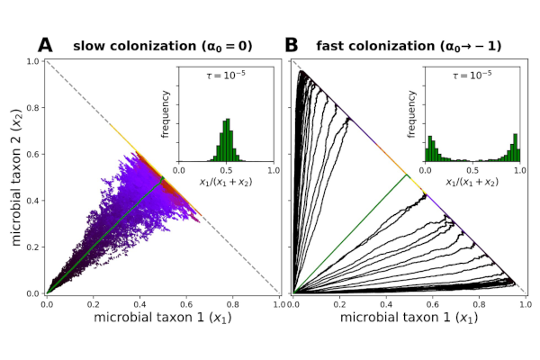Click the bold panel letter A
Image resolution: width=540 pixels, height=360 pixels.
click(45, 45)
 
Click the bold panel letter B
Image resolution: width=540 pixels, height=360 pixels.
click(292, 45)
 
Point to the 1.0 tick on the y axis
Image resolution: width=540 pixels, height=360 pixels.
click(32, 61)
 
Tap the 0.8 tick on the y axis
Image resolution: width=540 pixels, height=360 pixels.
click(32, 108)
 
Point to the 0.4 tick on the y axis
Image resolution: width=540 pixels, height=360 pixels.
click(32, 201)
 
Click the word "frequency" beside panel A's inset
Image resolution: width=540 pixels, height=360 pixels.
click(166, 115)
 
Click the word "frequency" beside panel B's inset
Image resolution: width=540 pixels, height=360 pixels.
click(412, 115)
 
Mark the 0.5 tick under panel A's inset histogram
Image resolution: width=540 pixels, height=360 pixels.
click(226, 168)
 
